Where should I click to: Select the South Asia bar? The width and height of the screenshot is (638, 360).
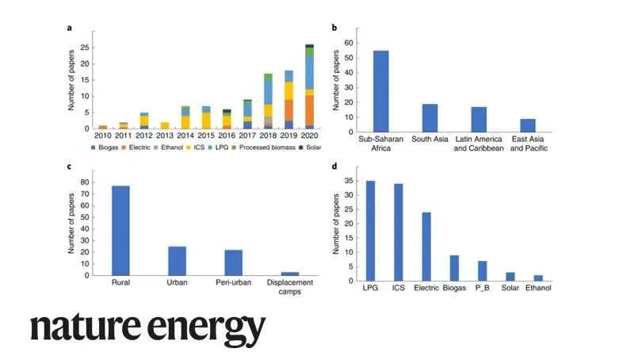coord(430,117)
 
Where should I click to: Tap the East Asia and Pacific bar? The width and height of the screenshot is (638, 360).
coord(528,125)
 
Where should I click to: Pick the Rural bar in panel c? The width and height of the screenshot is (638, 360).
coord(121,231)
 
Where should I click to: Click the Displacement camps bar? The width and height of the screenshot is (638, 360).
coord(291,274)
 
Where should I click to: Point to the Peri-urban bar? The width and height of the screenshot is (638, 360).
coord(234,262)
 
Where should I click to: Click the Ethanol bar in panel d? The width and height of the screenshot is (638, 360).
coord(538,278)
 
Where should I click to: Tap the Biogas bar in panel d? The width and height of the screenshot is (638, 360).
coord(453,267)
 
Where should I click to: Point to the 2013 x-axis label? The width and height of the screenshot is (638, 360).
coord(165,136)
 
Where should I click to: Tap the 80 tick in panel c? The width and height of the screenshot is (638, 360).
coord(86,182)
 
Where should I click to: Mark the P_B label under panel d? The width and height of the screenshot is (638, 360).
coord(482,288)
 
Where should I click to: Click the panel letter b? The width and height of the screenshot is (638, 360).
coord(334,28)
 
